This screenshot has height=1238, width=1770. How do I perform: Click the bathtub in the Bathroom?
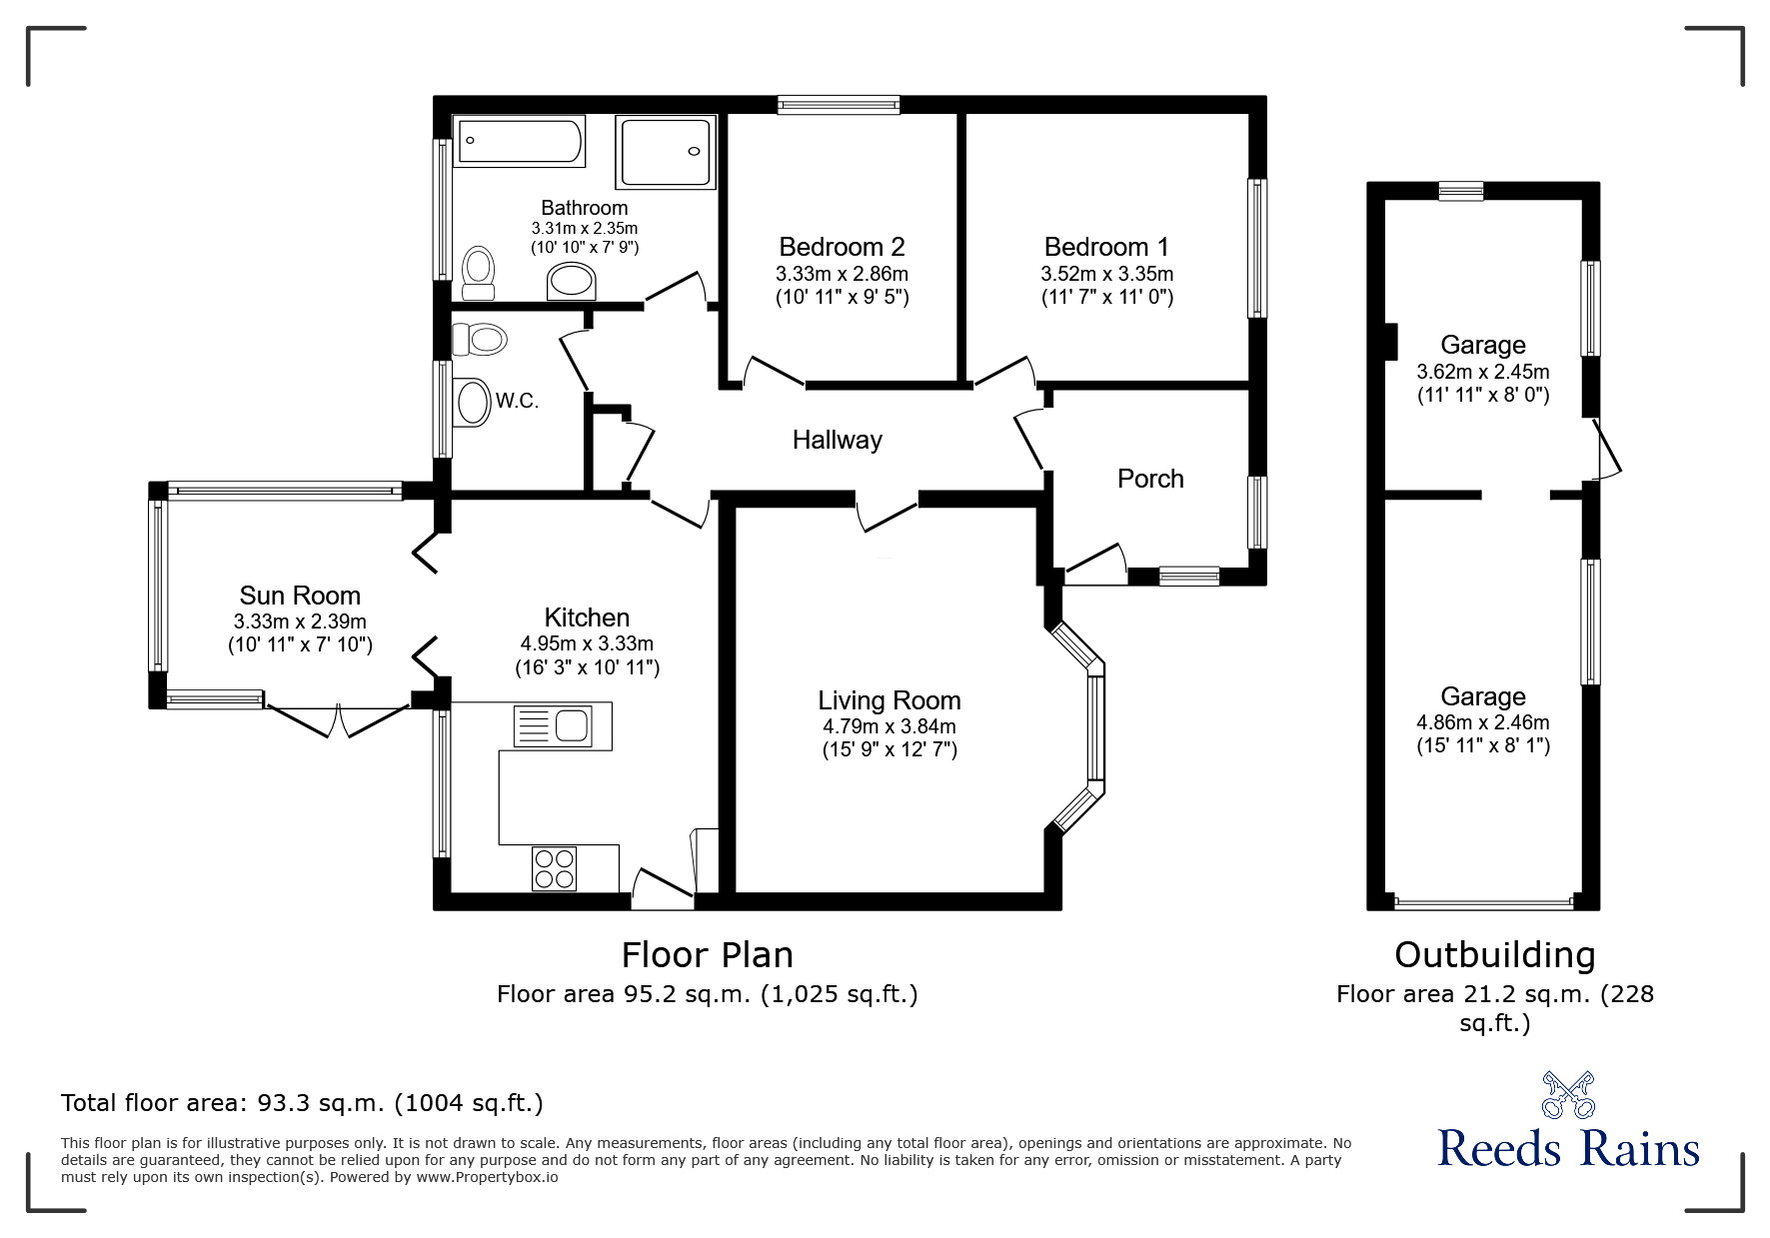[x=519, y=143]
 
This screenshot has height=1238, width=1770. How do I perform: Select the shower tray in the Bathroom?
[x=666, y=152]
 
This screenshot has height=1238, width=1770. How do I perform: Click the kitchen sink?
[x=562, y=725]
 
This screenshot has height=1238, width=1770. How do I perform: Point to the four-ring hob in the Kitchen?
[x=555, y=867]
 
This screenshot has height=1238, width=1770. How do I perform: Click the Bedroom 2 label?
[x=842, y=247]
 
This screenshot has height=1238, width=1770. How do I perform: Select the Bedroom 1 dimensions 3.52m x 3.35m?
[x=1106, y=274]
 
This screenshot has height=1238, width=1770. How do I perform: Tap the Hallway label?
[x=837, y=440]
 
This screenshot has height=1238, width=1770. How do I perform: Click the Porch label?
[x=1150, y=479]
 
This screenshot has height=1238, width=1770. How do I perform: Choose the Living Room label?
[x=888, y=700]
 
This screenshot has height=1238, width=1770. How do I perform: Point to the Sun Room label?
[x=300, y=596]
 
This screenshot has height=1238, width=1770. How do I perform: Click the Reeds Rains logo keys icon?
[x=1567, y=1094]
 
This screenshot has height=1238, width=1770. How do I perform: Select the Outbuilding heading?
[x=1494, y=955]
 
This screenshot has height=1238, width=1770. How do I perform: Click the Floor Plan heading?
[x=707, y=955]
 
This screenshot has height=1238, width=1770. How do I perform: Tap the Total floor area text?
[x=302, y=1103]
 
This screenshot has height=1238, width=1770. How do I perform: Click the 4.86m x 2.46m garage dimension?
[x=1482, y=722]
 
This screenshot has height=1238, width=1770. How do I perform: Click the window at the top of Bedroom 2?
[x=839, y=104]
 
